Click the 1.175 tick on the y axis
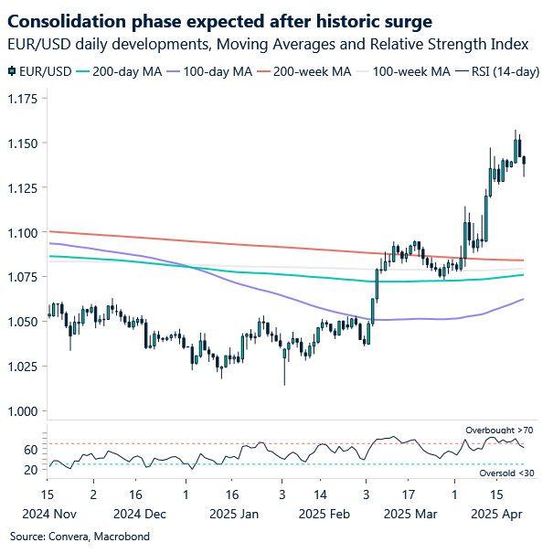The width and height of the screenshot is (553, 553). point(23,99)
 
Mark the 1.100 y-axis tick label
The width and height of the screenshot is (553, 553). point(23,233)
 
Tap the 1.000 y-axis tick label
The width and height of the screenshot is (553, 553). point(23,411)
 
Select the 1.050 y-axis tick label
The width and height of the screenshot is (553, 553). point(23,322)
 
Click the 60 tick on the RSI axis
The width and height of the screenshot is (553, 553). point(31,450)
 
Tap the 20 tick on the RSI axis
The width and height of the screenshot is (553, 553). point(31,470)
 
